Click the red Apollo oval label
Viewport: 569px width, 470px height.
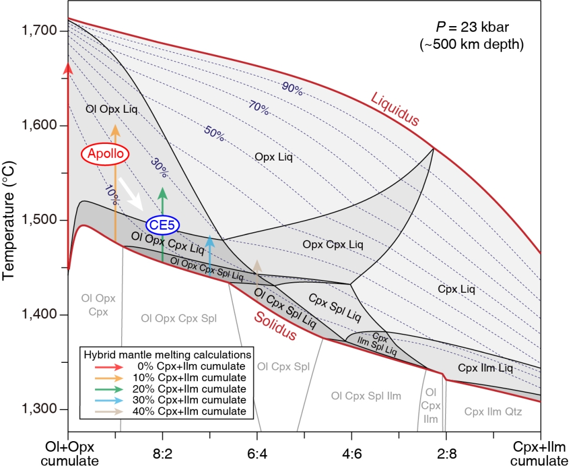105,154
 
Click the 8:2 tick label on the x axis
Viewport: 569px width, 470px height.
162,447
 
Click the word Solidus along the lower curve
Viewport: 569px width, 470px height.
276,326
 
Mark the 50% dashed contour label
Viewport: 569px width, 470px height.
214,133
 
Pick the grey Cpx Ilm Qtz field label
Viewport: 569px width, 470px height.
492,412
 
